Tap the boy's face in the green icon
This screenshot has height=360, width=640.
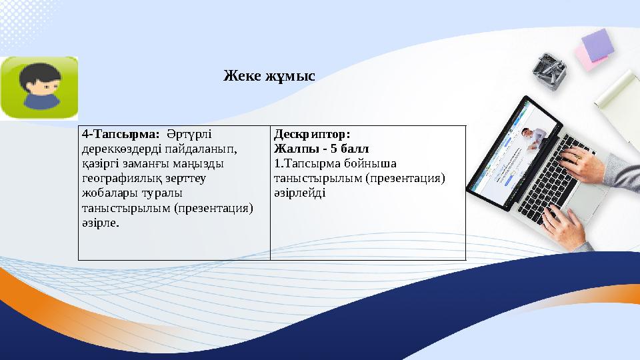click(38, 89)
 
